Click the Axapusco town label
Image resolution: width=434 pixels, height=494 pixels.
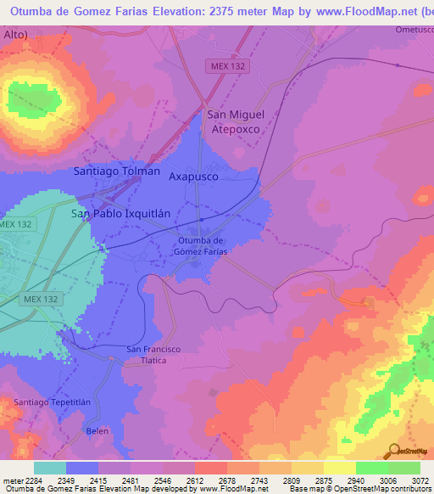click(x=193, y=177)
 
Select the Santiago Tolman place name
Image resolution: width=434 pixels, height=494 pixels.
click(x=117, y=171)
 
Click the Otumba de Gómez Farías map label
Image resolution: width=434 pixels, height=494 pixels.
click(x=203, y=245)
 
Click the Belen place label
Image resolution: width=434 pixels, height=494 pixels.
click(x=98, y=431)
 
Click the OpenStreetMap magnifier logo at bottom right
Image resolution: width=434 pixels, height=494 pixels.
click(x=392, y=450)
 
